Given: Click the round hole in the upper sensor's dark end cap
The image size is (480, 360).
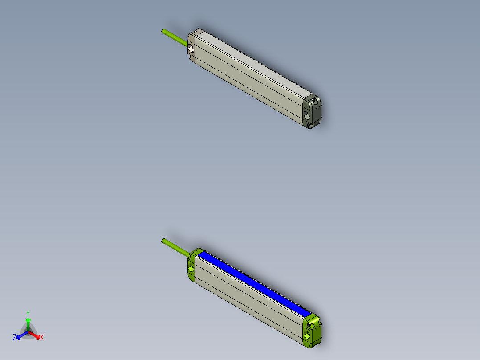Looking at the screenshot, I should [316, 102].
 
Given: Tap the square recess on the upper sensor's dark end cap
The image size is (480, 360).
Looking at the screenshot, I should [307, 116].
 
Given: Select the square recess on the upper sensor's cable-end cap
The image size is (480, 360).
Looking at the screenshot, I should [191, 49].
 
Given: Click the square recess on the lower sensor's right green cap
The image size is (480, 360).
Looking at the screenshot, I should [307, 335].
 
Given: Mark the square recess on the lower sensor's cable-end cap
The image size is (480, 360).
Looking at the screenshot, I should [191, 269].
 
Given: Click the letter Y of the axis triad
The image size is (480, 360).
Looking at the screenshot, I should [28, 313].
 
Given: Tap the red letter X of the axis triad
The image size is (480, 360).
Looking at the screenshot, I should [42, 338].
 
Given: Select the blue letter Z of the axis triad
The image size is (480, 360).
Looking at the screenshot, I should [15, 338].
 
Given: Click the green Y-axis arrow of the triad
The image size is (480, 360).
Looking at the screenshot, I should [28, 323].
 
